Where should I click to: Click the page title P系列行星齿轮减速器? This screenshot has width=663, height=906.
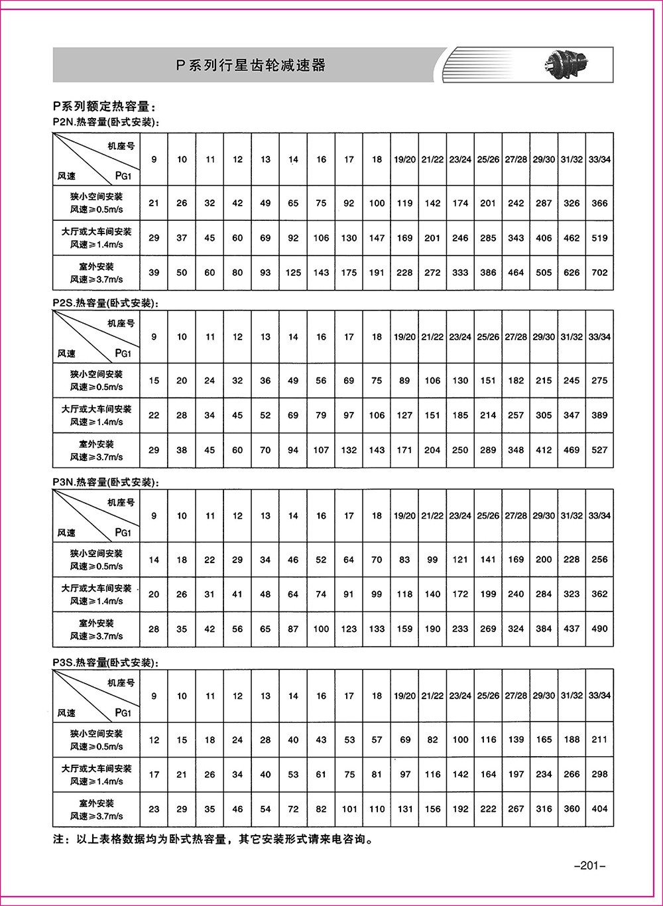click(x=251, y=65)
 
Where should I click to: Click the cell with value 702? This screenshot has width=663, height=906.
click(x=599, y=273)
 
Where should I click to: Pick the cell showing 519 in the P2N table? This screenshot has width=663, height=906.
click(x=599, y=238)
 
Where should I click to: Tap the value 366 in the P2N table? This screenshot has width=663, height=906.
click(x=599, y=203)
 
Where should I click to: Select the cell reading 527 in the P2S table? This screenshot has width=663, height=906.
click(x=599, y=450)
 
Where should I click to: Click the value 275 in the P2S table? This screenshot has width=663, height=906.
click(x=599, y=381)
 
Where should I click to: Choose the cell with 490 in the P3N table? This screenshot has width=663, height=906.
click(x=599, y=629)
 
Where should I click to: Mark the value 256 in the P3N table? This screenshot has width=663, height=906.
click(x=599, y=559)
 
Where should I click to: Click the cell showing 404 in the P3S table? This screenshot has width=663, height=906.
click(x=599, y=809)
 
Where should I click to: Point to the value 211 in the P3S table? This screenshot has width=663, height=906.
click(x=599, y=740)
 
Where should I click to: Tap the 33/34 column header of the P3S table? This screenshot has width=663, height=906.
click(x=599, y=696)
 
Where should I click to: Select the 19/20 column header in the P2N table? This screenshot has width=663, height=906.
click(x=404, y=159)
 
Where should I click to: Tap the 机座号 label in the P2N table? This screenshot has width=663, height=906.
click(x=121, y=145)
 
